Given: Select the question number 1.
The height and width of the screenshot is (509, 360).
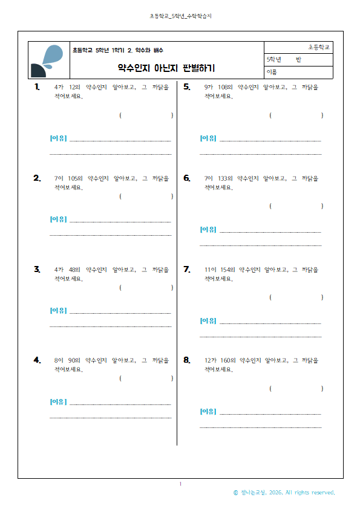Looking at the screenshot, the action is click(x=38, y=86).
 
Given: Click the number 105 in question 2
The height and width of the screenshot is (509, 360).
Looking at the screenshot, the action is click(x=75, y=178).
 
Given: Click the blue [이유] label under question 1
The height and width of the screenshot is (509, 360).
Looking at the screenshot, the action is click(x=58, y=138).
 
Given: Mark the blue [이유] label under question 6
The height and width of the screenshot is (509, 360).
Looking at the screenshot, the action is click(x=208, y=230).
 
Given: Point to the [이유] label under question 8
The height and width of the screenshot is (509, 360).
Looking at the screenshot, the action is click(x=208, y=412).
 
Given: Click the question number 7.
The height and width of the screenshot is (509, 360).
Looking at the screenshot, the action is click(x=187, y=269).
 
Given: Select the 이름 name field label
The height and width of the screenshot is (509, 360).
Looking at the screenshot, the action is click(x=272, y=72).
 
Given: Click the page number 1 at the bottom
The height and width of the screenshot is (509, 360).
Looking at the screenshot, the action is click(x=180, y=484).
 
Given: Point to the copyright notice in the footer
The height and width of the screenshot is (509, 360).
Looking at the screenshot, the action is click(x=284, y=493).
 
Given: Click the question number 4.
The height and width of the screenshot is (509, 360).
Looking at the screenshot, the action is click(x=38, y=360).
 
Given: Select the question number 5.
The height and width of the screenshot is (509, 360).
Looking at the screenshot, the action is click(x=187, y=86).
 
